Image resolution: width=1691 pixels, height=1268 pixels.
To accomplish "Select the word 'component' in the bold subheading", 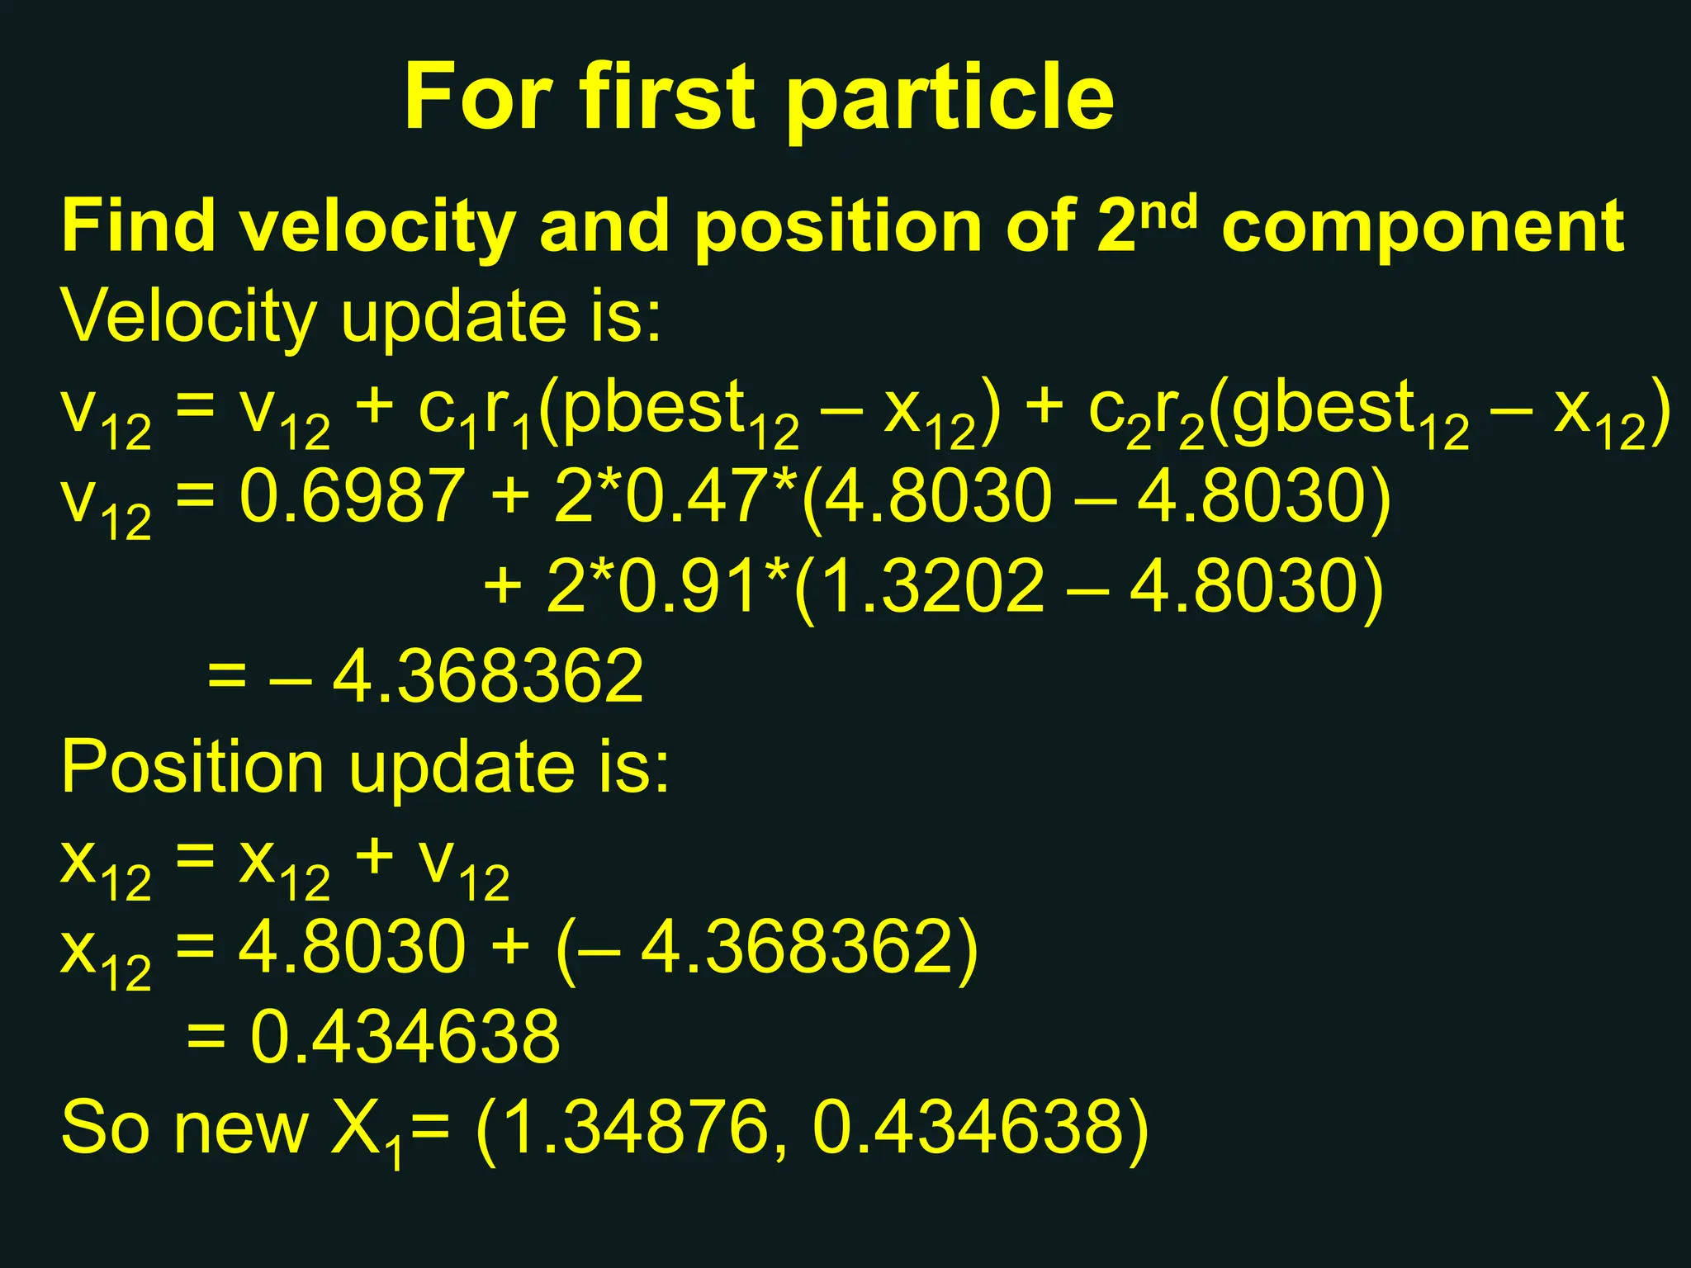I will pyautogui.click(x=1423, y=227).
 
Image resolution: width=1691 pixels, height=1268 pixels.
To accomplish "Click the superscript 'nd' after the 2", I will pyautogui.click(x=1168, y=212).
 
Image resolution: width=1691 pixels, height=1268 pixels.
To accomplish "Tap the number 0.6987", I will pyautogui.click(x=353, y=497).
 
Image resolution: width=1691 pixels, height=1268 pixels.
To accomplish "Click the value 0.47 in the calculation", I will pyautogui.click(x=694, y=497).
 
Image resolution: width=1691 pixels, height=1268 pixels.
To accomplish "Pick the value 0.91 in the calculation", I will pyautogui.click(x=686, y=587).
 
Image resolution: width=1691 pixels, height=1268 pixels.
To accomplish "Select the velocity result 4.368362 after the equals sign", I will pyautogui.click(x=487, y=678).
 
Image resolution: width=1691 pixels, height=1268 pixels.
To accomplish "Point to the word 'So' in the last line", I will pyautogui.click(x=105, y=1128).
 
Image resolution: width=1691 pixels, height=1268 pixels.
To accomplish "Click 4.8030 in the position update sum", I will pyautogui.click(x=353, y=947).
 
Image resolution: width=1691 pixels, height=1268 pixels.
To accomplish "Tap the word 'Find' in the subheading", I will pyautogui.click(x=139, y=227).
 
